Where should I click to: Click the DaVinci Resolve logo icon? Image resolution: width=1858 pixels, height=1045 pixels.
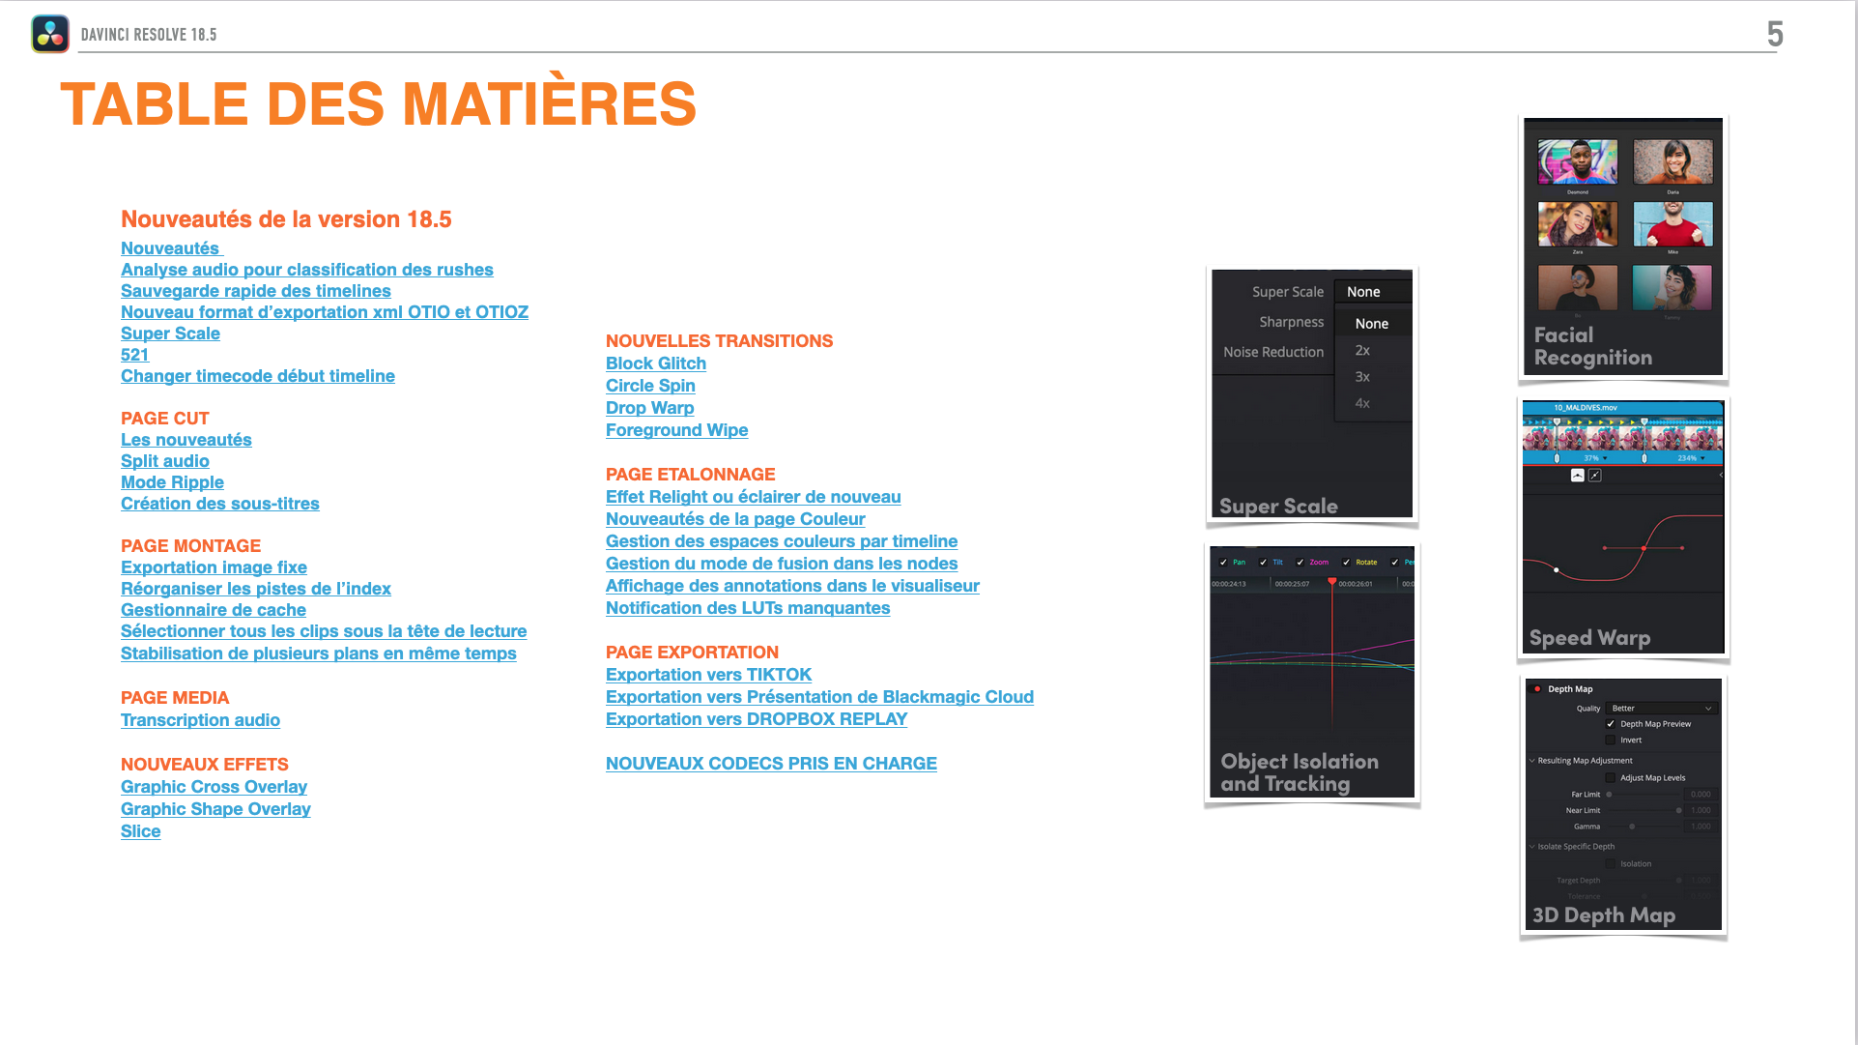[x=50, y=34]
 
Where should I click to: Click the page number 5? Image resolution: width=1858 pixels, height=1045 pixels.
[x=1775, y=35]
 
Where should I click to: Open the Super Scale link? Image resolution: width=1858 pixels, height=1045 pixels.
[x=170, y=334]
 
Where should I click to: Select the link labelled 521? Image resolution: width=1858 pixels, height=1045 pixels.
[x=134, y=355]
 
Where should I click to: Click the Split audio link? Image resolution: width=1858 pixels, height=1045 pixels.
[x=164, y=461]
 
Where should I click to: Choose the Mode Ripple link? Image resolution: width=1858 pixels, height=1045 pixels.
[x=172, y=482]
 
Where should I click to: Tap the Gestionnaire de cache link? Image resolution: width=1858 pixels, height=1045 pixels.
[x=213, y=610]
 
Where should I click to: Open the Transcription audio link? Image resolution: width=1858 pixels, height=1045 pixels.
[x=200, y=720]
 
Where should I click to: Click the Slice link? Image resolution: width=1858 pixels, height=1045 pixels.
[x=140, y=831]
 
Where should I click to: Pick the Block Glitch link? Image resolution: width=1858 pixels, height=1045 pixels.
[x=655, y=363]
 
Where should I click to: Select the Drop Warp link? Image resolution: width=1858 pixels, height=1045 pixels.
[x=649, y=408]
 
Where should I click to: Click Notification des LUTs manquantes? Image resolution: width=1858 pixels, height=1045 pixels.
[x=747, y=608]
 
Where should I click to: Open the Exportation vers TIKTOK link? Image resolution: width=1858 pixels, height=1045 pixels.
[x=708, y=675]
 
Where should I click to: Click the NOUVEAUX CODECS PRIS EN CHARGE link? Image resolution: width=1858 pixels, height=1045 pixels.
[x=770, y=764]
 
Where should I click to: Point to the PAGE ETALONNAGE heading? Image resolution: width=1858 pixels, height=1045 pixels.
[x=690, y=475]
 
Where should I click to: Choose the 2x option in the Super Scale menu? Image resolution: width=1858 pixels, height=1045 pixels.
[x=1362, y=351]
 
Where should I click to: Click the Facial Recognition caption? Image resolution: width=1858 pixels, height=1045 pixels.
[x=1592, y=347]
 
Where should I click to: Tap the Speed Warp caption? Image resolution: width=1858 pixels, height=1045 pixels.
[x=1589, y=638]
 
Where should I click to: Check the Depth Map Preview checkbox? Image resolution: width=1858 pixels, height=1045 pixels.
[x=1611, y=724]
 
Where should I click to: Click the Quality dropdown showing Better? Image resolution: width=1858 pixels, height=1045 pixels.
[x=1661, y=709]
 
